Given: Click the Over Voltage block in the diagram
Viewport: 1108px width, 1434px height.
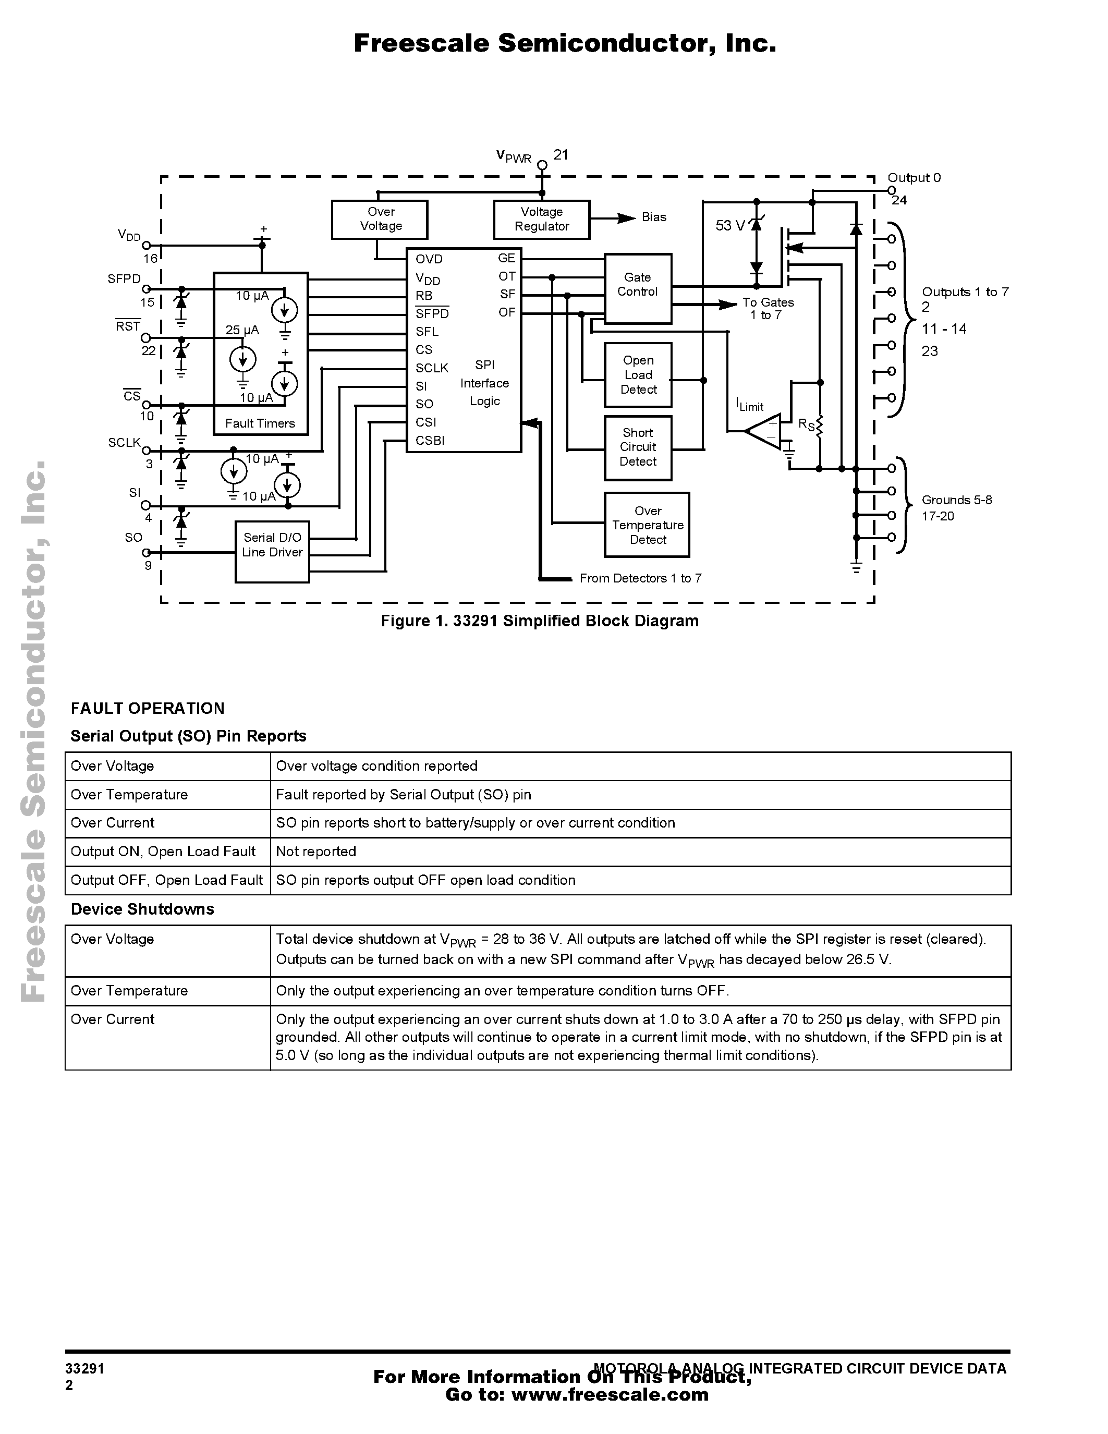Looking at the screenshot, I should pyautogui.click(x=380, y=220).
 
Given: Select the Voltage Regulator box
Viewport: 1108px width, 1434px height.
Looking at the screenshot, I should pyautogui.click(x=542, y=220).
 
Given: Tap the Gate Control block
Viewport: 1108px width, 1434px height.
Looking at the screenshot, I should pyautogui.click(x=637, y=288).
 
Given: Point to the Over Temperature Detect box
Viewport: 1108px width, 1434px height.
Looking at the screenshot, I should pyautogui.click(x=647, y=525).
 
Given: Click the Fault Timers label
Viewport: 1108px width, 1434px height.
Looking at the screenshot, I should pyautogui.click(x=260, y=423).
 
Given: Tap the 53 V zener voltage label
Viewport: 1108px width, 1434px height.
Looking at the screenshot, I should pyautogui.click(x=730, y=226).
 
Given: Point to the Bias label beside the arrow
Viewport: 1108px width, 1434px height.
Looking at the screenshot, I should pyautogui.click(x=654, y=217).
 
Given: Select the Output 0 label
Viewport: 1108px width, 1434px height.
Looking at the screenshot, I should pyautogui.click(x=914, y=178).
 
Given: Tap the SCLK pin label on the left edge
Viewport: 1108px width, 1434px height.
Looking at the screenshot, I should pyautogui.click(x=125, y=443).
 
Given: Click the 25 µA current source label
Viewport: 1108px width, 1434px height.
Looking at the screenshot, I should pyautogui.click(x=242, y=330).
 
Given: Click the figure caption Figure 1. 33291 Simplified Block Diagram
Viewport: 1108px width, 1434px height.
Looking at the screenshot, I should pyautogui.click(x=540, y=621).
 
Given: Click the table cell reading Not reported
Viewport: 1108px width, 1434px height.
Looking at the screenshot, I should pyautogui.click(x=316, y=851).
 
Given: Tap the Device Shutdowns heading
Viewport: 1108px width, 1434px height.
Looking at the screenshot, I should pyautogui.click(x=142, y=909).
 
